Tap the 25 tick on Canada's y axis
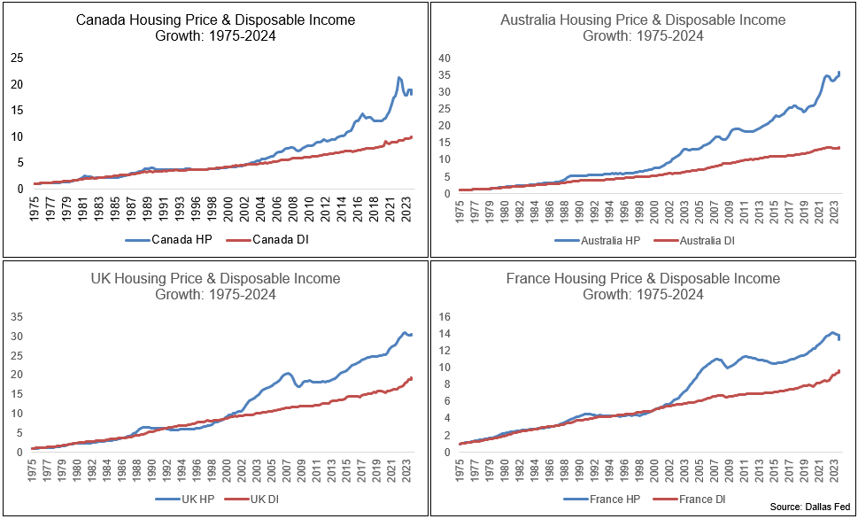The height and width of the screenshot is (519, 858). click(x=16, y=58)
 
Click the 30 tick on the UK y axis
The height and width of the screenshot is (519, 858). click(x=16, y=337)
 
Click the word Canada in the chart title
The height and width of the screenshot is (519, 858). click(x=100, y=19)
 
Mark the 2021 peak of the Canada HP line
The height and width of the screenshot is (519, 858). click(x=399, y=78)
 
